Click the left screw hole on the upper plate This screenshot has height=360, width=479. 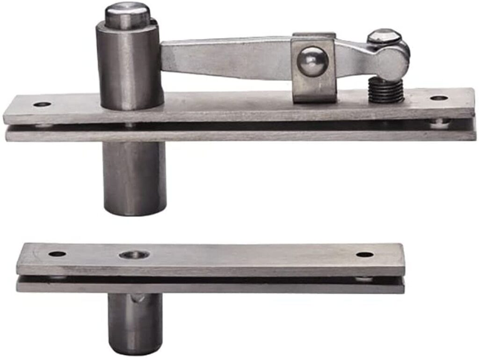42,104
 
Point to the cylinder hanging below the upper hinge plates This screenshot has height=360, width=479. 134,178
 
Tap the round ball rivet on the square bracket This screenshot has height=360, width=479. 312,61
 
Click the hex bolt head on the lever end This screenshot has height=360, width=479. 384,36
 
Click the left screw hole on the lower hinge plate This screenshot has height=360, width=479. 58,254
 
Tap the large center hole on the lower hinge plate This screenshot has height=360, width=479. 134,255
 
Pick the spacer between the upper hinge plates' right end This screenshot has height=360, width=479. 439,124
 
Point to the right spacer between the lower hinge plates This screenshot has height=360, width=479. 363,279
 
